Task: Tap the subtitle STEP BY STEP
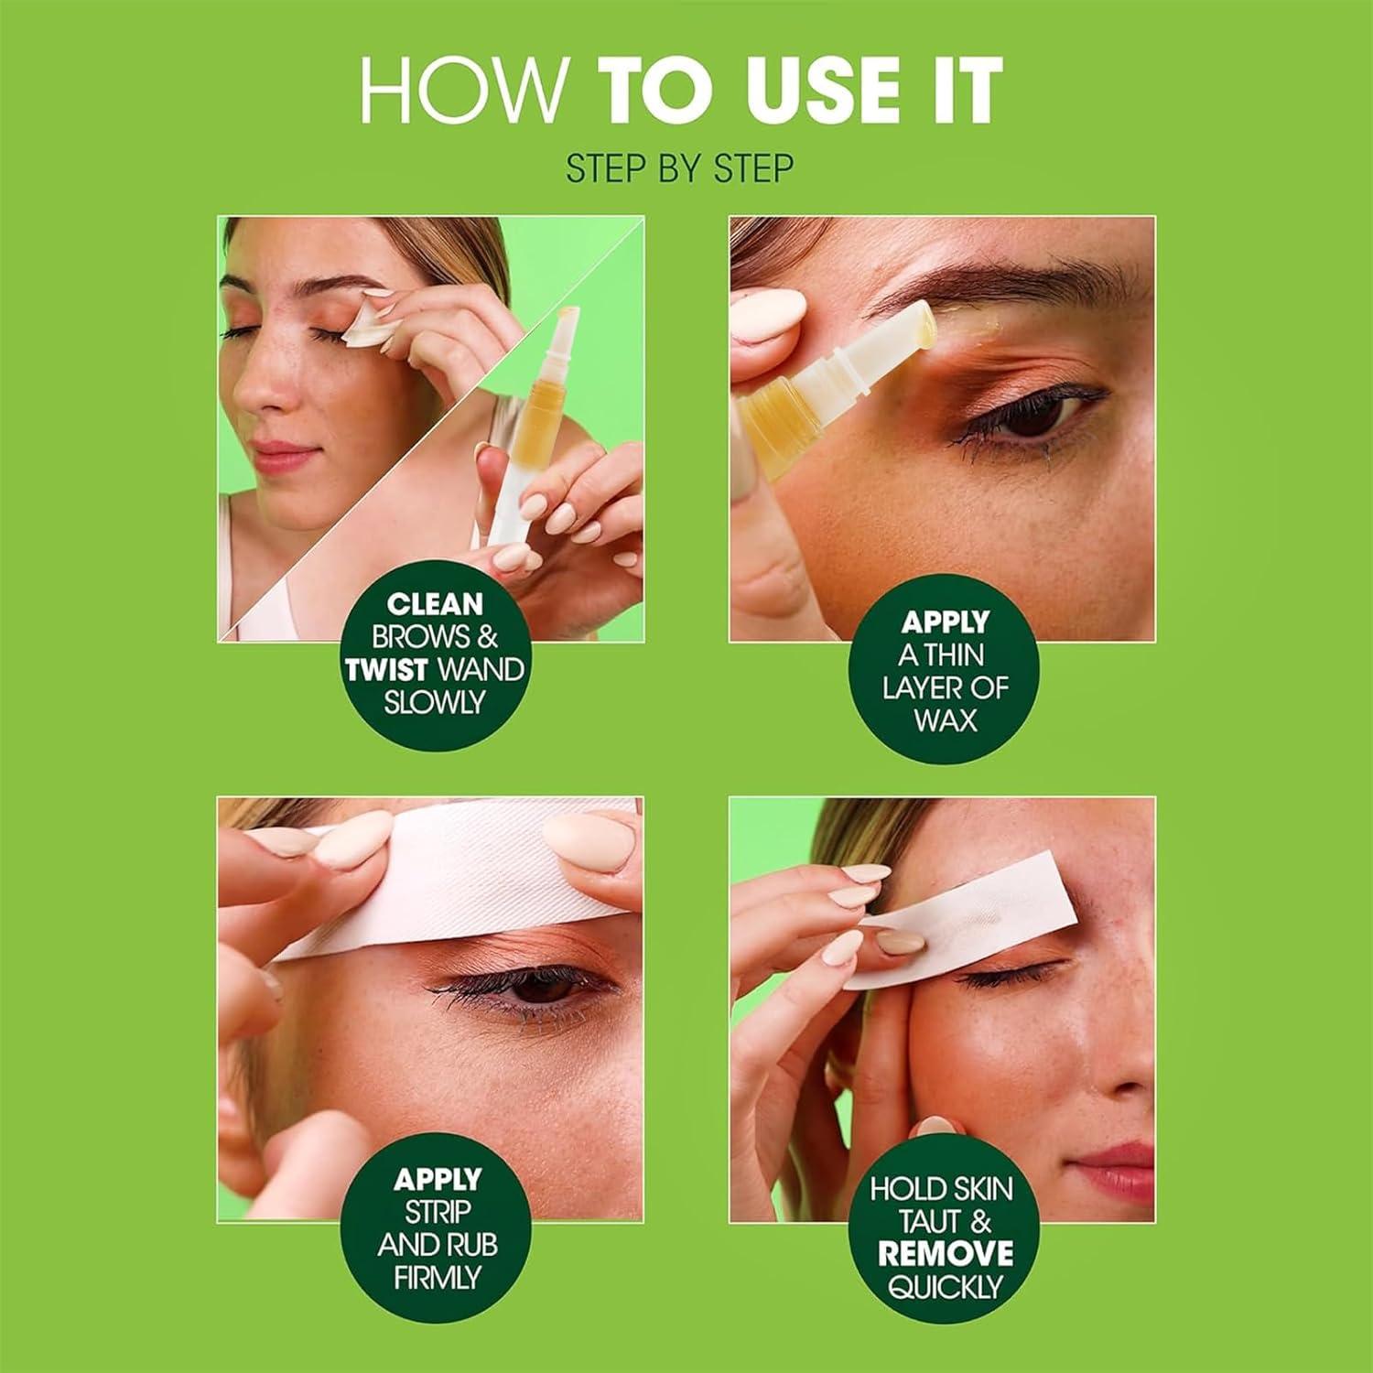click(679, 169)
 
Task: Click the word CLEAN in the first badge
click(435, 604)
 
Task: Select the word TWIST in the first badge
click(387, 670)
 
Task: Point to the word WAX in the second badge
click(945, 720)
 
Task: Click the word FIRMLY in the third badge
click(437, 1278)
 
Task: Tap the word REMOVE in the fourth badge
click(946, 1254)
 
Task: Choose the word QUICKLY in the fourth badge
click(945, 1288)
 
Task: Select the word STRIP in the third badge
click(437, 1212)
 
